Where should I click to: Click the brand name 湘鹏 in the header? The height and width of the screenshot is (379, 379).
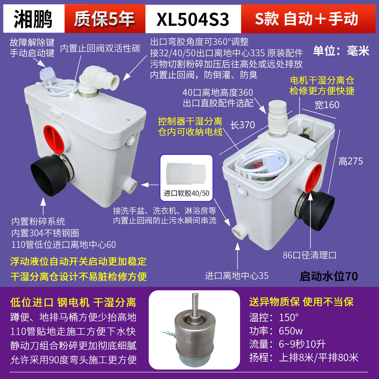(x=33, y=19)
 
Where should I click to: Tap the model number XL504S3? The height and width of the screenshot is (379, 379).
(x=193, y=19)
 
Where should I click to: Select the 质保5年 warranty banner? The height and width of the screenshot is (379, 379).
(x=104, y=19)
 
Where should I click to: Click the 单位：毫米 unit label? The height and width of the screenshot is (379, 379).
(x=341, y=51)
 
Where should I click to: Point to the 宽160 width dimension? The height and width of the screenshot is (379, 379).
(x=327, y=105)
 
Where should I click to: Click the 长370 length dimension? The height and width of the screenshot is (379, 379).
(x=242, y=125)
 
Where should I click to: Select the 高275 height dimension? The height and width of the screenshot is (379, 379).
(x=351, y=161)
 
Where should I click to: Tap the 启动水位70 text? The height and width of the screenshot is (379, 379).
(x=329, y=276)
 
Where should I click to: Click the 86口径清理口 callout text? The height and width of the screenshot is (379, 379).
(x=310, y=255)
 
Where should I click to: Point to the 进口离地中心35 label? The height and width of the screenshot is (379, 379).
(x=237, y=276)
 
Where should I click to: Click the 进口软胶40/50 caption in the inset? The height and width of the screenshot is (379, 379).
(x=186, y=193)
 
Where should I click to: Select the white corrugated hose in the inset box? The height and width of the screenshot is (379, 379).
(x=186, y=174)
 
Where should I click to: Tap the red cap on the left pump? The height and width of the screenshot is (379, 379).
(x=54, y=140)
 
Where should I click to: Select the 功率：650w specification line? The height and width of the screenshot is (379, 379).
(x=276, y=331)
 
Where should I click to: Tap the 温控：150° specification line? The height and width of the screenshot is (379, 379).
(x=274, y=317)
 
